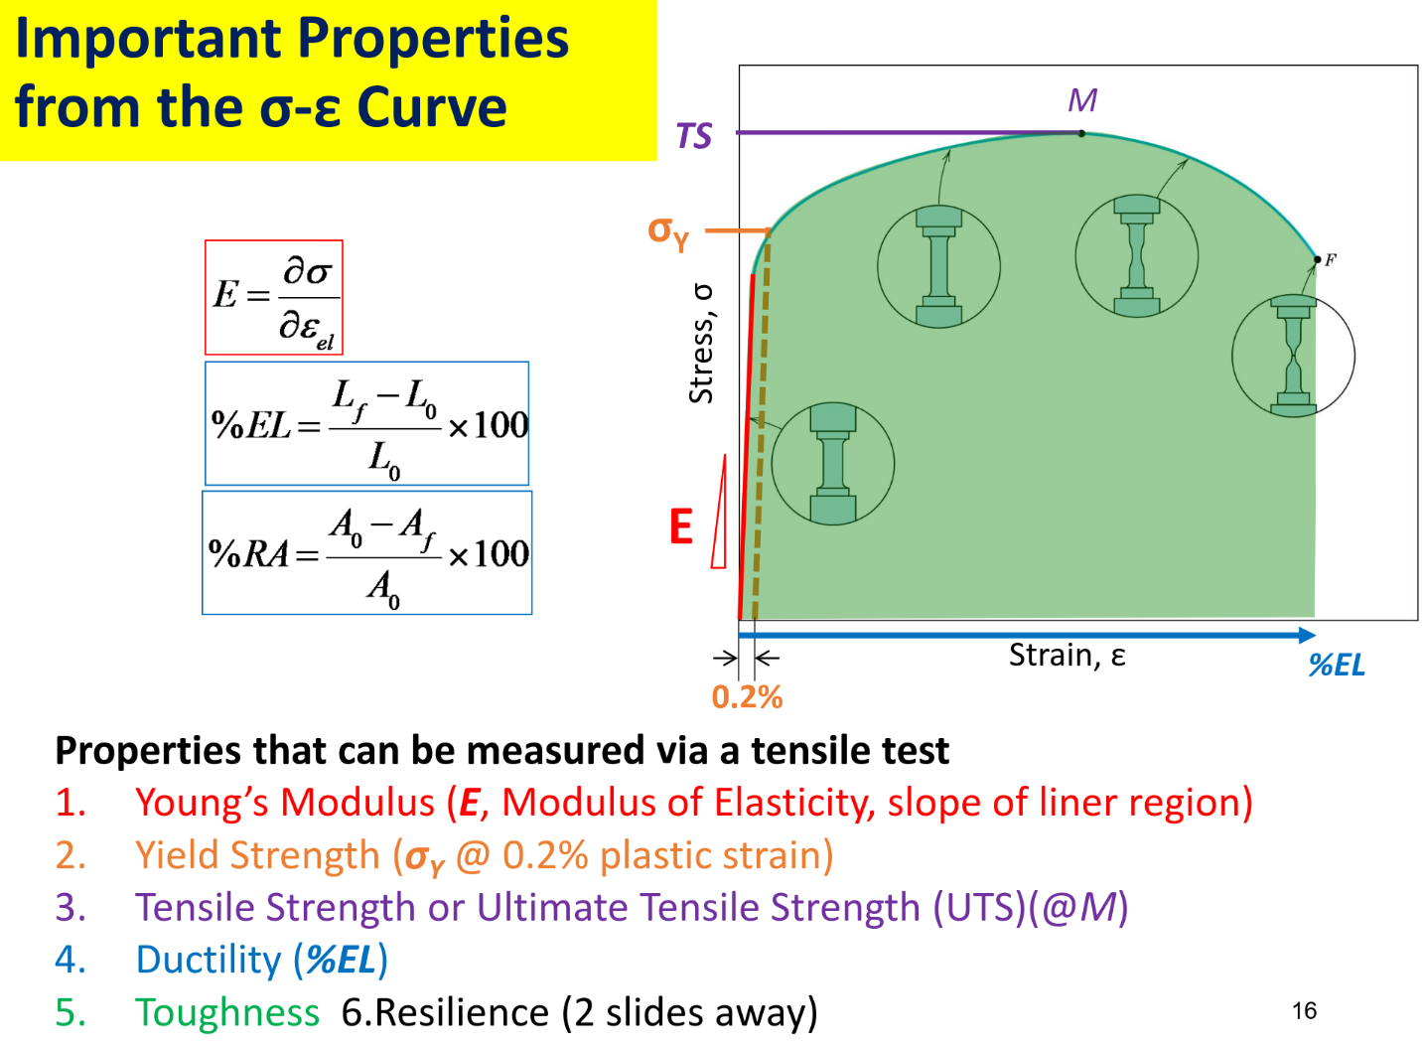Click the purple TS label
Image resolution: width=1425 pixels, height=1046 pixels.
click(694, 135)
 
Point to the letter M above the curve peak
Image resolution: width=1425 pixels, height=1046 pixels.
click(1082, 100)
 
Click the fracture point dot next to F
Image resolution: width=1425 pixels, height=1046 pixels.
click(1318, 259)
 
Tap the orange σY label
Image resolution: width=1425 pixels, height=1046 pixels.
click(668, 232)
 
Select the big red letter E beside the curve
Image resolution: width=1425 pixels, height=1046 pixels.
click(680, 526)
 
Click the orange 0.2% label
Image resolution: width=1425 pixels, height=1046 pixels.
click(747, 697)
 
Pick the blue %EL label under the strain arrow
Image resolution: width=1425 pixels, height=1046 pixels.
click(1337, 666)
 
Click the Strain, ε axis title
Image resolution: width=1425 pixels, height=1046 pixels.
click(1067, 656)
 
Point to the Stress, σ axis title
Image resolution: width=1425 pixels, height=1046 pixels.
click(702, 344)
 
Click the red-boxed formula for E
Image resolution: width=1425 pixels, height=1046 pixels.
click(274, 298)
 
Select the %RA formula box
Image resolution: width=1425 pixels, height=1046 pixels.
click(367, 553)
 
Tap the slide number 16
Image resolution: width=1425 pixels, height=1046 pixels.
click(1304, 1011)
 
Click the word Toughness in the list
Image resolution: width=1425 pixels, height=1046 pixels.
click(227, 1012)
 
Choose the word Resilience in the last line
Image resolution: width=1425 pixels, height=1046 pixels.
click(462, 1012)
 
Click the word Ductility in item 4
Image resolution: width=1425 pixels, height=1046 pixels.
click(208, 960)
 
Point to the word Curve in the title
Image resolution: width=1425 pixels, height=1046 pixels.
click(432, 107)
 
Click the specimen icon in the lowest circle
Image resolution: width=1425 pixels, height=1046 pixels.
click(833, 464)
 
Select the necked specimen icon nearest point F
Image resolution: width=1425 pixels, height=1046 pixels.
click(1293, 356)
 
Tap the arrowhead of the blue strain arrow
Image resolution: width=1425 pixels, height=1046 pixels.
click(1307, 635)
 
